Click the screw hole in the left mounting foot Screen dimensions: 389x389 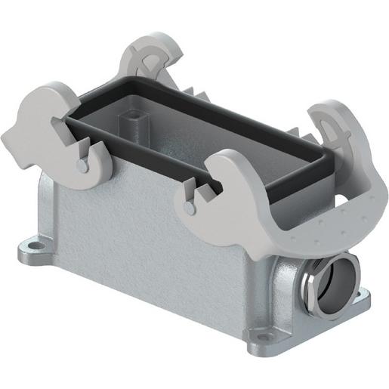coord(33,245)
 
